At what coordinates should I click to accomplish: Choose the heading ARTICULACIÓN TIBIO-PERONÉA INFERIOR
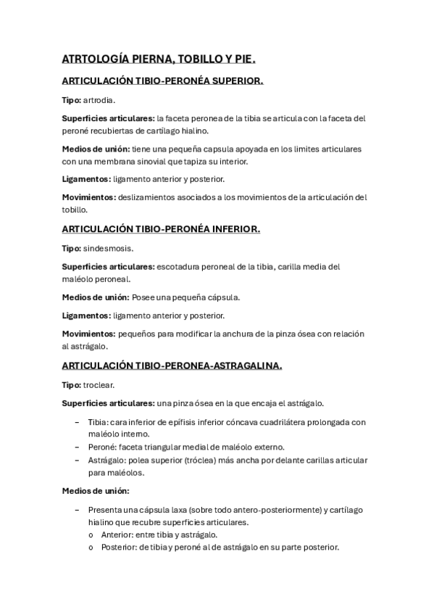160,228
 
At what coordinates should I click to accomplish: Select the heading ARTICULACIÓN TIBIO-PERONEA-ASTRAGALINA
172,366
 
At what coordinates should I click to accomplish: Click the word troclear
99,384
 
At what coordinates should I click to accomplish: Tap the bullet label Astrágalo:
105,460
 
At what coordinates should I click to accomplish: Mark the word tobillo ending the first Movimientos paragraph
75,210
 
